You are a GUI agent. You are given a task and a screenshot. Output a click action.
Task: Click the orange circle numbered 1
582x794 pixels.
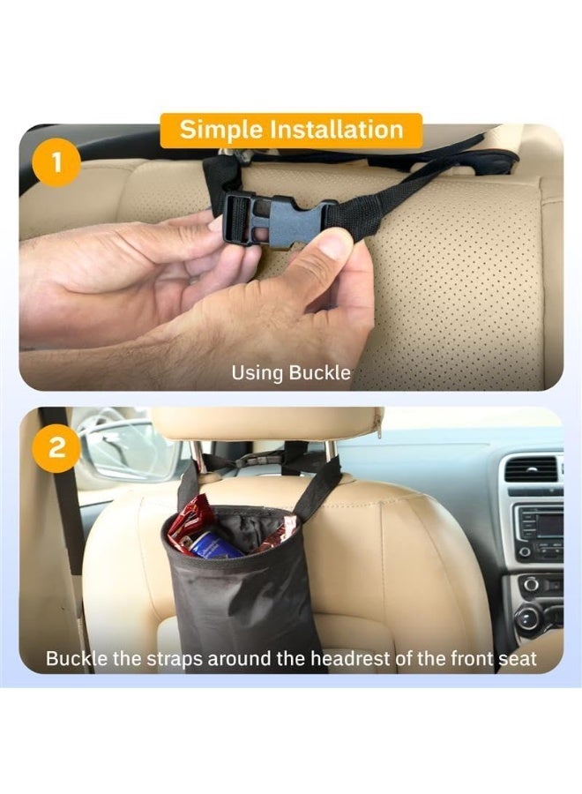point(56,162)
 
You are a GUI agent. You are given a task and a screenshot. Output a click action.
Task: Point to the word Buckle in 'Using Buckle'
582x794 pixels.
point(319,372)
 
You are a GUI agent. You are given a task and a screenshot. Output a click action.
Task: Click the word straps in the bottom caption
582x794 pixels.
point(174,659)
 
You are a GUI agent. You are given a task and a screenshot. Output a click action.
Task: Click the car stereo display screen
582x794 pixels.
point(548,525)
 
